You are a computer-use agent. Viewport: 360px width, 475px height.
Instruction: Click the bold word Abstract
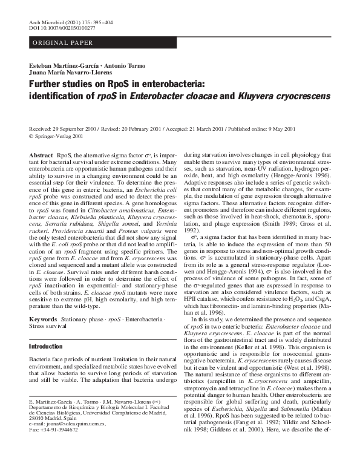41,156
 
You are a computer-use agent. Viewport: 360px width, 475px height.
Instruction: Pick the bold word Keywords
43,318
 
